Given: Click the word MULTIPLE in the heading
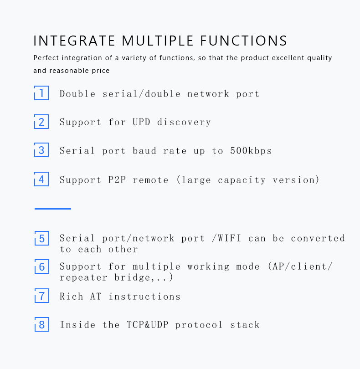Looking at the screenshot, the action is pyautogui.click(x=158, y=41).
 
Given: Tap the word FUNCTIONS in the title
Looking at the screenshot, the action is pyautogui.click(x=244, y=41).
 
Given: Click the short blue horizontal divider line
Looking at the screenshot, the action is pyautogui.click(x=53, y=209).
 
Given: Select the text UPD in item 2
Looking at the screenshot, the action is pyautogui.click(x=141, y=122).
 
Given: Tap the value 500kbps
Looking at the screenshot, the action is pyautogui.click(x=251, y=151).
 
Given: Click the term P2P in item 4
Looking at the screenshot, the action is pyautogui.click(x=117, y=180).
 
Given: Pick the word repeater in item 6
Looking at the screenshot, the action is pyautogui.click(x=83, y=278).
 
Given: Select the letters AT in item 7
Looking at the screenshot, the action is pyautogui.click(x=96, y=297).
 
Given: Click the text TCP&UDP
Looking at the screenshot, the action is pyautogui.click(x=147, y=325).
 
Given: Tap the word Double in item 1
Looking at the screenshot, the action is pyautogui.click(x=77, y=94).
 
